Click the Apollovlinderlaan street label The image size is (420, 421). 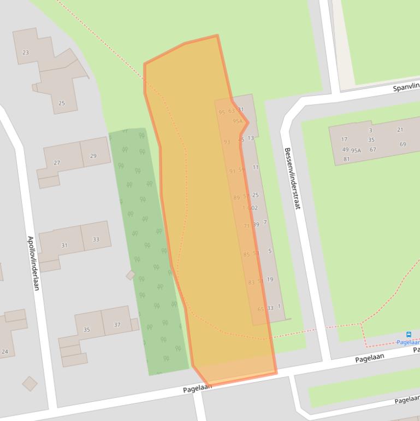[x=33, y=263]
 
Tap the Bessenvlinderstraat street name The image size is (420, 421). [x=292, y=178]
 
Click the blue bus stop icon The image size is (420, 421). [x=408, y=334]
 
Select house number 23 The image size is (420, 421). [x=26, y=52]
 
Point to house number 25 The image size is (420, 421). [x=61, y=103]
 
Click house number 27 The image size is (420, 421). [x=57, y=163]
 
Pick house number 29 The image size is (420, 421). [x=93, y=156]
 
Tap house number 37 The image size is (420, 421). [x=117, y=325]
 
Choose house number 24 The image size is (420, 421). [x=5, y=352]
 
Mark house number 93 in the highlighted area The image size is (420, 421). [x=227, y=142]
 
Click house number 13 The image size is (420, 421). [x=251, y=138]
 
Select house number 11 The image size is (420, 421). [x=256, y=167]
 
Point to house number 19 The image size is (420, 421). [x=270, y=279]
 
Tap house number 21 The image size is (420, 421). [x=400, y=130]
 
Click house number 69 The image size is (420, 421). [x=403, y=144]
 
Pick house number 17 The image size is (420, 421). [x=344, y=139]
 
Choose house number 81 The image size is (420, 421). [x=346, y=159]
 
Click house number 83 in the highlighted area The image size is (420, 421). [x=251, y=282]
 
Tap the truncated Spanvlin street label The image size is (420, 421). [x=406, y=87]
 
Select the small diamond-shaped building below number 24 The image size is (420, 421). [x=29, y=384]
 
